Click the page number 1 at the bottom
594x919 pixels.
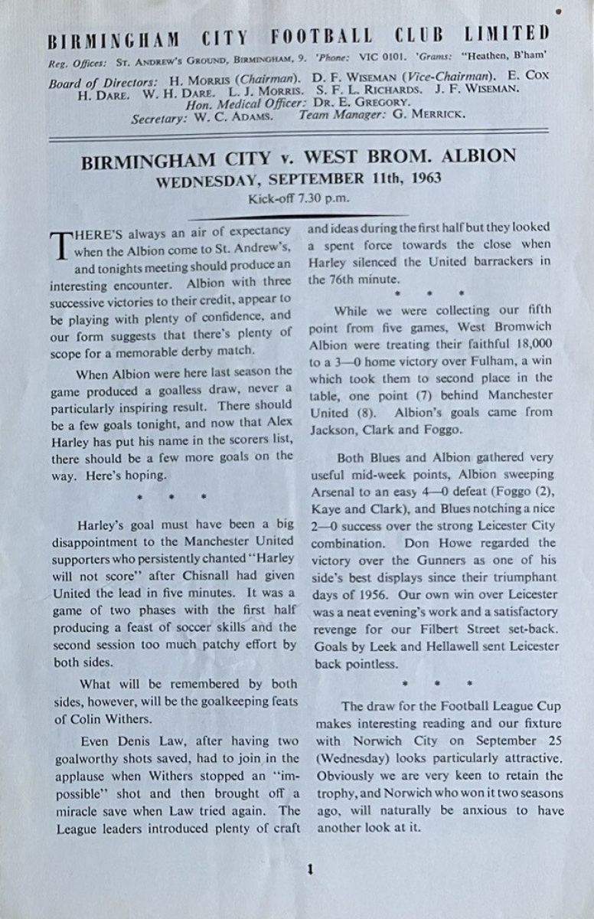(308, 869)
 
